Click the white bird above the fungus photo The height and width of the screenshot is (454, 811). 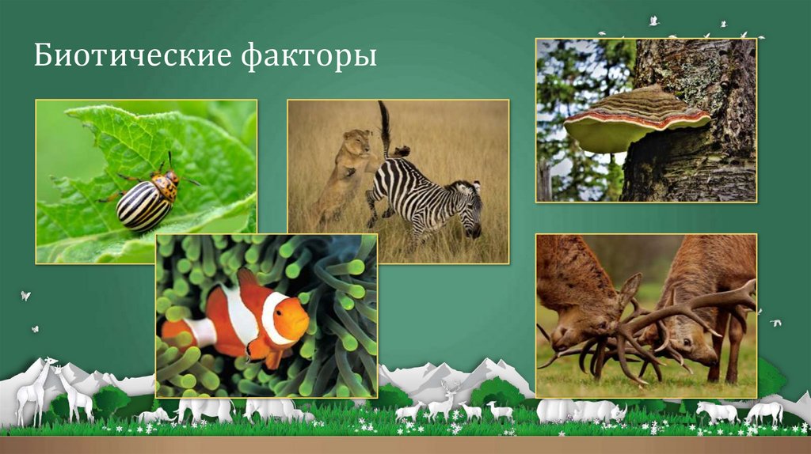pyautogui.click(x=653, y=21)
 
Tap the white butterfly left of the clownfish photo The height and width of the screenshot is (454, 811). pyautogui.click(x=25, y=295)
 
